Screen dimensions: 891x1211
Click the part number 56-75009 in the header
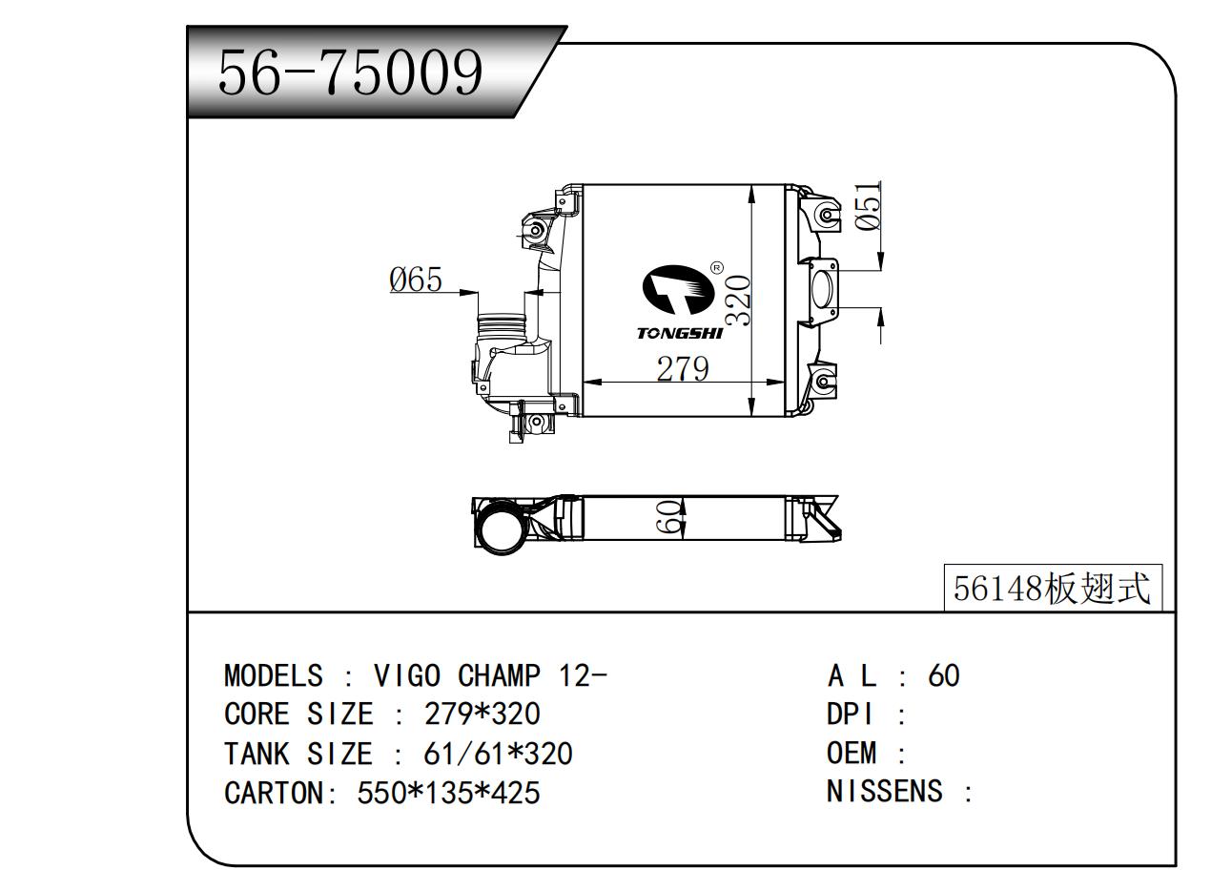point(351,73)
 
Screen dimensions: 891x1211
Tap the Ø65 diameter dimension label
point(416,280)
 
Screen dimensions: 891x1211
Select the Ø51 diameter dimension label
point(869,207)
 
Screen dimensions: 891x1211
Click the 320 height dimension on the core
point(738,301)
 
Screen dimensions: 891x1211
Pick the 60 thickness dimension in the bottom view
point(671,518)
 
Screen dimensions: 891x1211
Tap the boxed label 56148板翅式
point(1053,588)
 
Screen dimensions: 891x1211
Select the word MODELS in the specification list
point(274,675)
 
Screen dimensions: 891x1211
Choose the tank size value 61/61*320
point(497,754)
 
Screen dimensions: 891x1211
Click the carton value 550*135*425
point(448,792)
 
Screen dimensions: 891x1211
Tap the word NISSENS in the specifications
point(885,791)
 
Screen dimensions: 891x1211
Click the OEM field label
point(852,753)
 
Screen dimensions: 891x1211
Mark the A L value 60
point(943,675)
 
